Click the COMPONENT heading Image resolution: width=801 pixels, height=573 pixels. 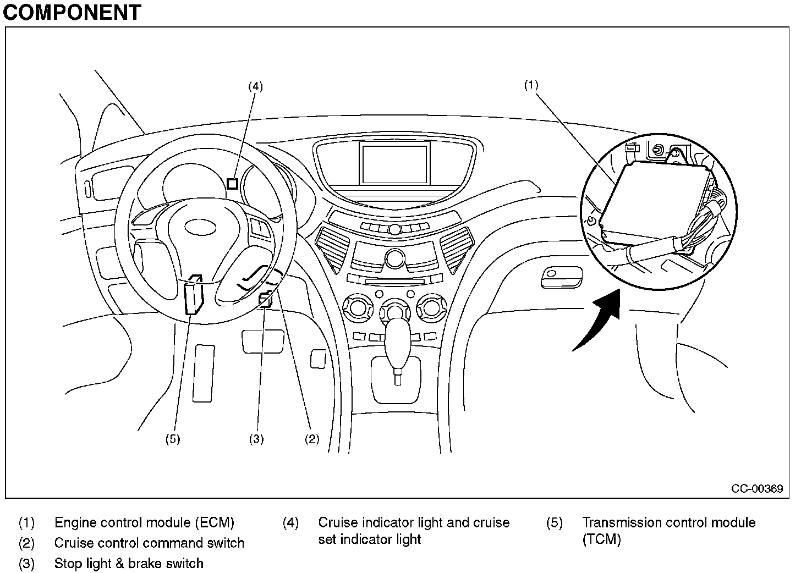pyautogui.click(x=72, y=12)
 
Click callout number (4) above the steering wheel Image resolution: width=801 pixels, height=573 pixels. pyautogui.click(x=255, y=86)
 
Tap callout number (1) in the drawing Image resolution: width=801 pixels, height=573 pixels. pyautogui.click(x=531, y=85)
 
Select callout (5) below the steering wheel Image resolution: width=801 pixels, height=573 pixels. pyautogui.click(x=173, y=438)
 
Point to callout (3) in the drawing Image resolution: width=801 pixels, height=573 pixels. pyautogui.click(x=256, y=438)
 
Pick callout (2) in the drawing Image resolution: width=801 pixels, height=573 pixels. pyautogui.click(x=312, y=438)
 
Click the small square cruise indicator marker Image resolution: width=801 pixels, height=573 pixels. pyautogui.click(x=232, y=184)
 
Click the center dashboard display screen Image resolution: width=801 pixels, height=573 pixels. pyautogui.click(x=394, y=164)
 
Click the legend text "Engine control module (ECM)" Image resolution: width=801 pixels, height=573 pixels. pyautogui.click(x=144, y=522)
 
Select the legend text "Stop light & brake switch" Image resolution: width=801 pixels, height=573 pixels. pyautogui.click(x=129, y=563)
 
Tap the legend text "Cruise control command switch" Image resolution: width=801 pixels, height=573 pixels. pyautogui.click(x=149, y=543)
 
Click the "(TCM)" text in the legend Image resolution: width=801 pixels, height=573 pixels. pyautogui.click(x=602, y=539)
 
